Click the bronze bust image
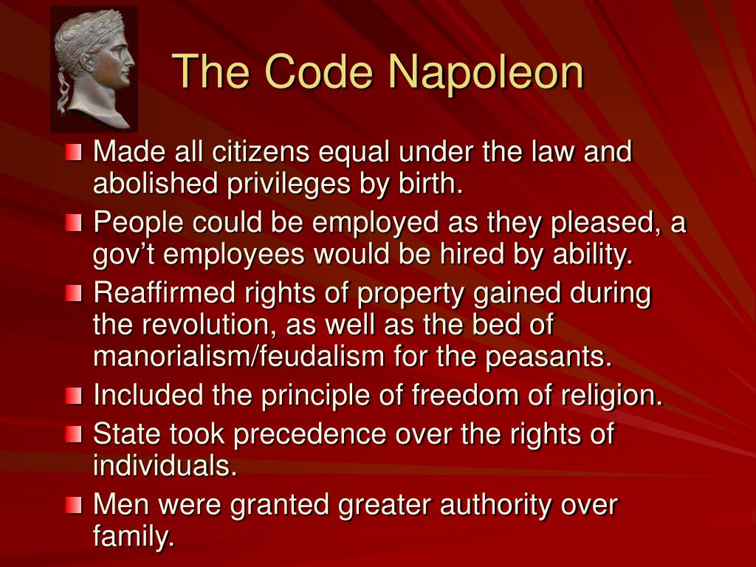94,69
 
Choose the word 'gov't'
124,255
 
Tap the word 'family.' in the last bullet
134,537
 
